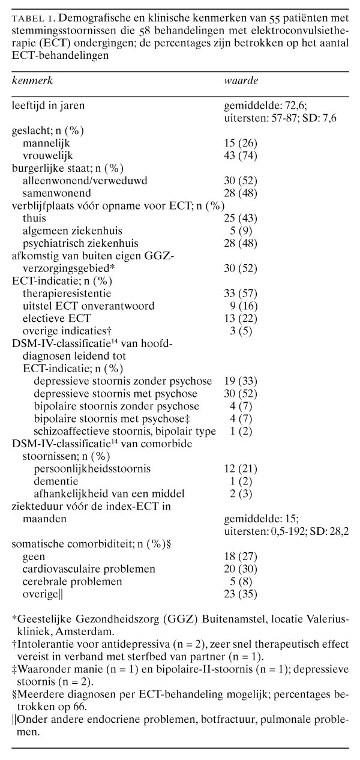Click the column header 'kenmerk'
pos(32,81)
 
